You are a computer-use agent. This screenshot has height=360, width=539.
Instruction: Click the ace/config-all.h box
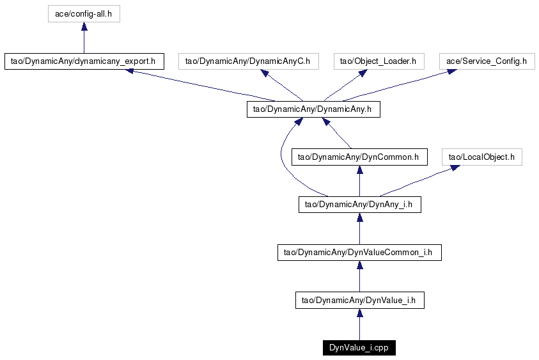(x=84, y=14)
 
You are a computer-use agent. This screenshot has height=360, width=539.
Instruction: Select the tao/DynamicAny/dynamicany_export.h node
(x=84, y=61)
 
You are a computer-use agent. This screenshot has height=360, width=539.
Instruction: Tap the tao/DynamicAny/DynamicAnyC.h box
(x=249, y=61)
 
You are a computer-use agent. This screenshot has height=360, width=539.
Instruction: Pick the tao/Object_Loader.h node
(x=379, y=61)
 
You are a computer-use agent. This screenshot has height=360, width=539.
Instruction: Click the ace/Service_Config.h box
(x=487, y=61)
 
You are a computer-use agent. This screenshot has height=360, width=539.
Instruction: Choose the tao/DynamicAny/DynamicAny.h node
(x=313, y=109)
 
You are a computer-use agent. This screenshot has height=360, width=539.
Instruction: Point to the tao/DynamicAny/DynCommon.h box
(x=359, y=157)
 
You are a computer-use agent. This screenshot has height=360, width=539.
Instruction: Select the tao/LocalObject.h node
(x=482, y=157)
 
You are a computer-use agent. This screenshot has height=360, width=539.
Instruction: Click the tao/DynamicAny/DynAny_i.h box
(x=360, y=205)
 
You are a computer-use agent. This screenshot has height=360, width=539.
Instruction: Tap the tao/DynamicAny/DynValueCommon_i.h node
(x=359, y=253)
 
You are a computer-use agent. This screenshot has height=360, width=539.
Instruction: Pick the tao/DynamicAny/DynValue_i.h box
(x=360, y=300)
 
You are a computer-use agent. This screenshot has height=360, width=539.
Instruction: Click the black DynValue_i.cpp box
(x=359, y=348)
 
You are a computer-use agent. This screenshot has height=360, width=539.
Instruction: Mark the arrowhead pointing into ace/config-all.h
(x=84, y=26)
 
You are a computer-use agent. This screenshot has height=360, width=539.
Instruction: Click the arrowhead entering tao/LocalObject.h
(x=455, y=168)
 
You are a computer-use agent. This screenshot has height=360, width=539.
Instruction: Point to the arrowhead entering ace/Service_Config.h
(x=451, y=72)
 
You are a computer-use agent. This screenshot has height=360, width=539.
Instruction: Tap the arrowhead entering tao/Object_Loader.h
(x=363, y=73)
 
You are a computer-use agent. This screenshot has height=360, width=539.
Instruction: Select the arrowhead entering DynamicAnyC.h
(x=265, y=73)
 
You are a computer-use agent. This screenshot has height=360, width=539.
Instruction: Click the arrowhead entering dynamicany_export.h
(x=129, y=71)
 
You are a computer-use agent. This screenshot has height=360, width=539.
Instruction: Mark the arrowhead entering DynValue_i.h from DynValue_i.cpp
(x=360, y=313)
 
